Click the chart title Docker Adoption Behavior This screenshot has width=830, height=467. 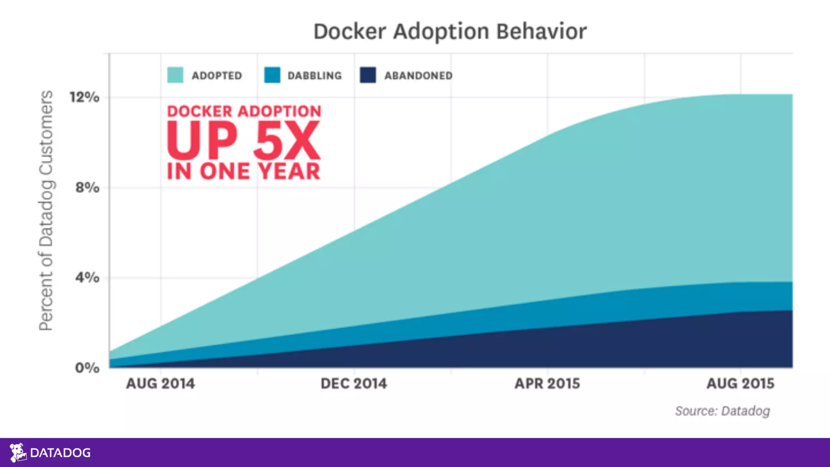pyautogui.click(x=450, y=32)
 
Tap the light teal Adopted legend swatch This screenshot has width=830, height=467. pyautogui.click(x=175, y=75)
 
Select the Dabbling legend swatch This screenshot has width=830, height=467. pyautogui.click(x=272, y=75)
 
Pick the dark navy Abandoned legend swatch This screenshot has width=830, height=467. pyautogui.click(x=368, y=75)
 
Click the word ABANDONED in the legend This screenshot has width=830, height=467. pyautogui.click(x=418, y=76)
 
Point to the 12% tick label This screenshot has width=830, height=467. pyautogui.click(x=84, y=97)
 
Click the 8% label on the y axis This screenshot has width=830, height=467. pyautogui.click(x=87, y=188)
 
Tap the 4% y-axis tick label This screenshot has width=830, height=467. pyautogui.click(x=87, y=278)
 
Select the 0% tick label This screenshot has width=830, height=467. pyautogui.click(x=87, y=368)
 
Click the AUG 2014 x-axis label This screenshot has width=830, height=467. pyautogui.click(x=160, y=383)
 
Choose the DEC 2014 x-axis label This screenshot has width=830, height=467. pyautogui.click(x=354, y=383)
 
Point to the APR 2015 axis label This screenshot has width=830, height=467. pyautogui.click(x=547, y=383)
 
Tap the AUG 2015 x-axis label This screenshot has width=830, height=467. pyautogui.click(x=740, y=383)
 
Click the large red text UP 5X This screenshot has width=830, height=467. pyautogui.click(x=243, y=141)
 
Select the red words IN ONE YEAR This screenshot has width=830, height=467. pyautogui.click(x=243, y=171)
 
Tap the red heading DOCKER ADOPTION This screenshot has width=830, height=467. pyautogui.click(x=244, y=111)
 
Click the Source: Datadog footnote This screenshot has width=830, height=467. pyautogui.click(x=723, y=411)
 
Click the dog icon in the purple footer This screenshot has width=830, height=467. pyautogui.click(x=18, y=452)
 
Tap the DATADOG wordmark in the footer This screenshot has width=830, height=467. pyautogui.click(x=60, y=453)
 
